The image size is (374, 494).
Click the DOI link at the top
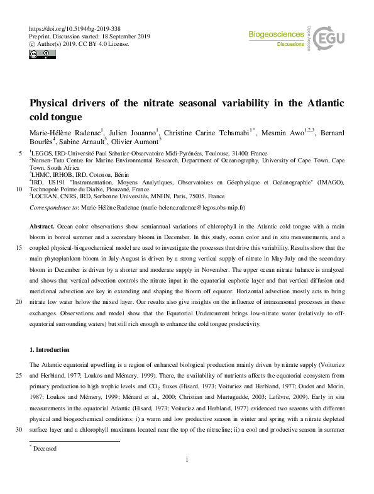tap(75, 30)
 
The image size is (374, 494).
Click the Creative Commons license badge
tap(40, 54)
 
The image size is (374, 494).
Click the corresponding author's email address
tap(194, 206)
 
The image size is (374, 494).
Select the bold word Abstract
tap(43, 225)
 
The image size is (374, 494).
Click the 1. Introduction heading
tap(50, 349)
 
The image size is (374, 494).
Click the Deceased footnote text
tap(47, 449)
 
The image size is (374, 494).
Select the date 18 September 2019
tap(129, 36)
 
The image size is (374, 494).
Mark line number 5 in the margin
tap(23, 153)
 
